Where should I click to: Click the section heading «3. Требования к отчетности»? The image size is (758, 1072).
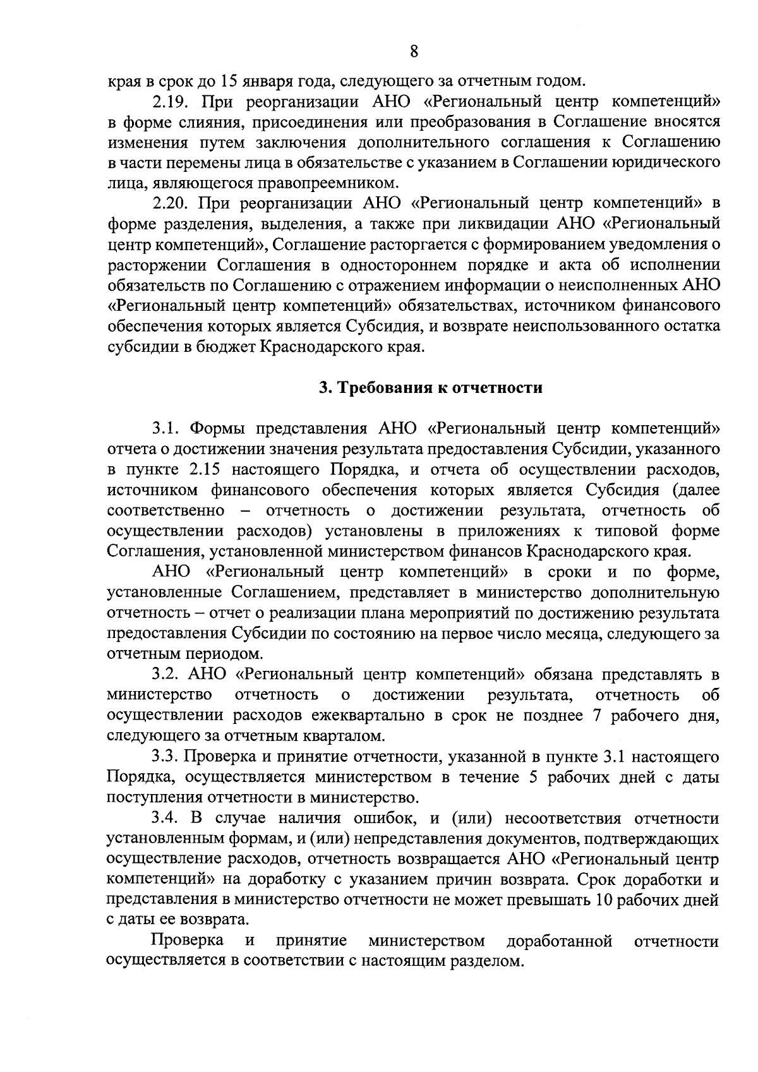[430, 388]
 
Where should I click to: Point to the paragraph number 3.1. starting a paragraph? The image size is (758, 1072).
[167, 429]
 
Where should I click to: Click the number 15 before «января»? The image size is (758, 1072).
[228, 81]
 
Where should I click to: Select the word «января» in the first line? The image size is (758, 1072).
[266, 81]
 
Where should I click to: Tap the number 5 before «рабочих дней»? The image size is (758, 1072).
[533, 778]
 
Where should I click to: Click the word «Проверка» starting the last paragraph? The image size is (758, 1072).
[188, 941]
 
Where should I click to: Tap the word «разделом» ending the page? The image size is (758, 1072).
[491, 961]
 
